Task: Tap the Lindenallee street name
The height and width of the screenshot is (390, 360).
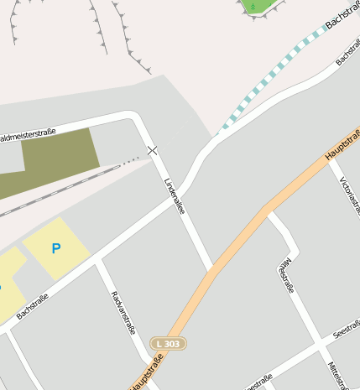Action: [x=175, y=195]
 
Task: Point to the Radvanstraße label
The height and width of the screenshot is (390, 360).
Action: [x=123, y=313]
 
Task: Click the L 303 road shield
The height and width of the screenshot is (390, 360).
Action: [x=168, y=343]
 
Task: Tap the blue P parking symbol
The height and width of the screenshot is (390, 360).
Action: [x=56, y=248]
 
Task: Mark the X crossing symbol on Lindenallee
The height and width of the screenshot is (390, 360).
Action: [x=152, y=150]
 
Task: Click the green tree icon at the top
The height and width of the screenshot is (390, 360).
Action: [x=253, y=6]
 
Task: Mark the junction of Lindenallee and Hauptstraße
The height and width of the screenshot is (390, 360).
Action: [x=212, y=271]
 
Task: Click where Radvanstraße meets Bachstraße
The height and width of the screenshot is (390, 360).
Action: [x=98, y=262]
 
